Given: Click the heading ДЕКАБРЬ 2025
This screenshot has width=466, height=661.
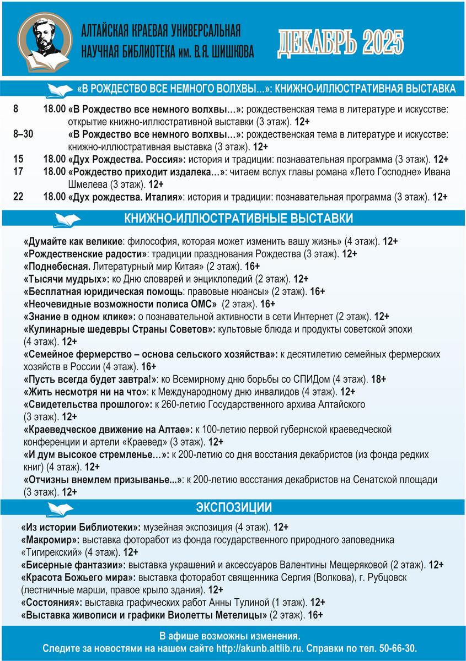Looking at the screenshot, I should coord(340,43).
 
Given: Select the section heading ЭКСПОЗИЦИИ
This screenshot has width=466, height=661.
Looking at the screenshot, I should coord(234,507).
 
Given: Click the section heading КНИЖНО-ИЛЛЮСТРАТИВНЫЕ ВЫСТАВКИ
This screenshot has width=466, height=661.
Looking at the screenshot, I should coord(238,219).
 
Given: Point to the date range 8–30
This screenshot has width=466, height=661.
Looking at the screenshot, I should coord(23,134).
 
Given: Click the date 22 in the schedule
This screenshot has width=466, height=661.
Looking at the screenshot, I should coord(18,197).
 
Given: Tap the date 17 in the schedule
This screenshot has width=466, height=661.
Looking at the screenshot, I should coord(18,172).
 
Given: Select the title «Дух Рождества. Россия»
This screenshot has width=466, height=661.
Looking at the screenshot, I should coord(127,160).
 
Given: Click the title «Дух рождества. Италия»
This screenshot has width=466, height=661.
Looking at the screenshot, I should coord(126,197).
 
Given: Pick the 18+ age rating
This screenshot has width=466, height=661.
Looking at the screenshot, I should coord(378,380).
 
